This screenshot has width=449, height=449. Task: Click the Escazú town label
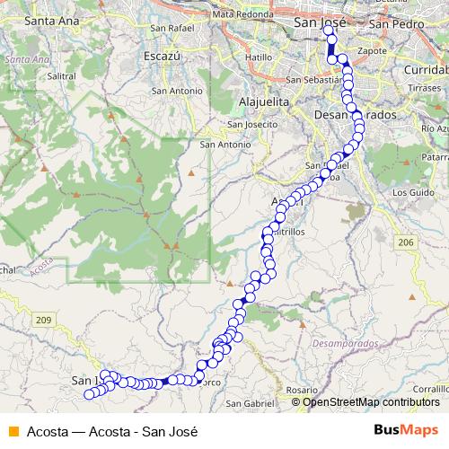163,56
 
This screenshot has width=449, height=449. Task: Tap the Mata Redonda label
242,15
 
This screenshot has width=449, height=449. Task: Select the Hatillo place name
258,57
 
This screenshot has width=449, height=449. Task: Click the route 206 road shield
406,242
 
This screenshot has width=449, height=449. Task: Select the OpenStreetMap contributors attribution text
371,402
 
